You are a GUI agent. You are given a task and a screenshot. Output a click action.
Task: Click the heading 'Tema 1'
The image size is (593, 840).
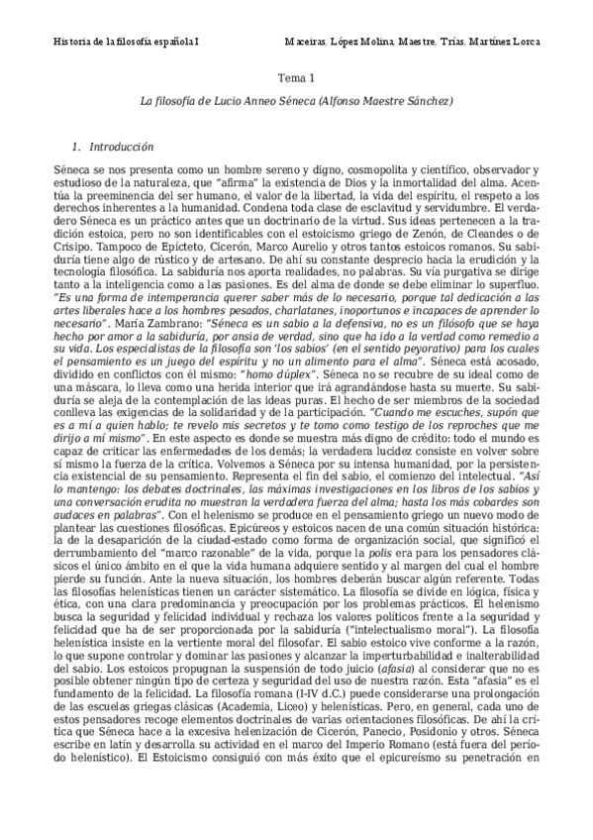[x=296, y=77]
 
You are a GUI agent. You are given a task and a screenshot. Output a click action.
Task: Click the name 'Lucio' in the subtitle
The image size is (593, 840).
[x=225, y=101]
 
